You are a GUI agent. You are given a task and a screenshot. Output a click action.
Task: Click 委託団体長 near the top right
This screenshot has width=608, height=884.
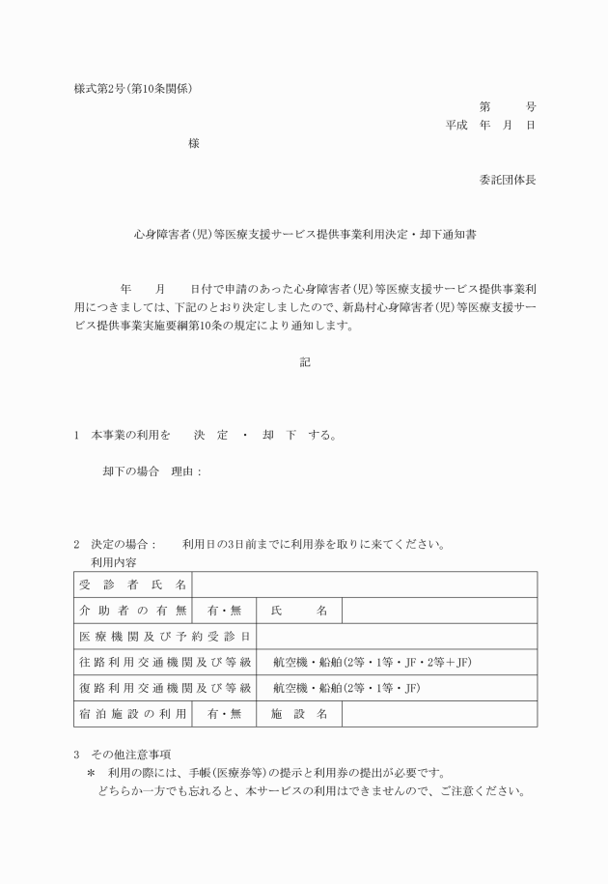coord(508,180)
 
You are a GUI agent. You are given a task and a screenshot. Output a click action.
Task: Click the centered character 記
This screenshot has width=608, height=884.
coord(305,361)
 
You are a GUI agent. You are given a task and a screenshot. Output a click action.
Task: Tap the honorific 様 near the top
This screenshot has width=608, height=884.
coord(194,144)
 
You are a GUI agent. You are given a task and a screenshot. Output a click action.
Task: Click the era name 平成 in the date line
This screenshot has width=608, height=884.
coord(456,126)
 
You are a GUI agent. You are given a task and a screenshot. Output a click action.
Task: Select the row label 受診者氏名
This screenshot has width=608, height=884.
coord(132,585)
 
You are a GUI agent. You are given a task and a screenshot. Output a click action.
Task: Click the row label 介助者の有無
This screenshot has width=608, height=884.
coord(132,611)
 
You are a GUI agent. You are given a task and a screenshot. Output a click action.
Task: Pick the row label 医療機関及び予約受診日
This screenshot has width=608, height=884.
coord(164,637)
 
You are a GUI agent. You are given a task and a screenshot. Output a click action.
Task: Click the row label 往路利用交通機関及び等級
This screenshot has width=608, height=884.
coord(164,663)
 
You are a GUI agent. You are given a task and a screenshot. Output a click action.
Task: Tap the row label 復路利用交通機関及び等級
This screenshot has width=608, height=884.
coord(164,689)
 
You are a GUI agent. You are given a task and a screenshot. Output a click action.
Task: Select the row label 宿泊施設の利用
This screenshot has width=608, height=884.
coord(132,715)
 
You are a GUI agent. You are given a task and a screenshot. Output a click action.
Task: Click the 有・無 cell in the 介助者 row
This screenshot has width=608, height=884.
coord(224,611)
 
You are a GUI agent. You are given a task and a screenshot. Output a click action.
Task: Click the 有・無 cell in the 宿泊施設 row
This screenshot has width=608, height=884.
coord(224,715)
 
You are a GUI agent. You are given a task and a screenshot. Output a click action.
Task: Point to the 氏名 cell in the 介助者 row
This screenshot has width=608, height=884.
coord(299,611)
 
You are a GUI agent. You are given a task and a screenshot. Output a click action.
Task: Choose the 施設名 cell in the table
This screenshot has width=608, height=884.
coord(299,715)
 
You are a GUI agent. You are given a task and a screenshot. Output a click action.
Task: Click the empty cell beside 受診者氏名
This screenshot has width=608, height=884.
coord(365,585)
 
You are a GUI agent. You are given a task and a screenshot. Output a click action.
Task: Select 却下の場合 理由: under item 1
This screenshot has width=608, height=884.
coord(152,471)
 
